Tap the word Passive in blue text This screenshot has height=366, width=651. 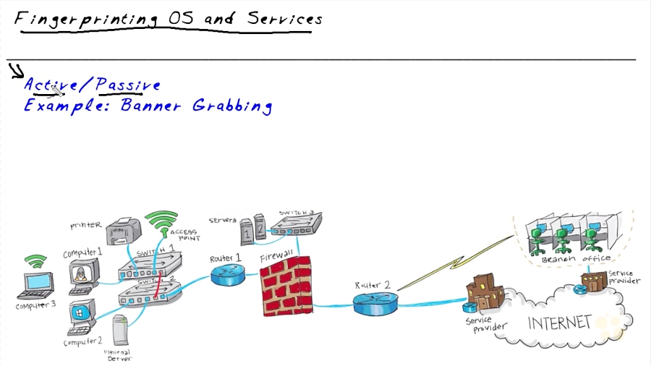[128, 85]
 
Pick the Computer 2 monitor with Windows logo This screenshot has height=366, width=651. [78, 316]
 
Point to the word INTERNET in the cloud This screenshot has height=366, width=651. [560, 323]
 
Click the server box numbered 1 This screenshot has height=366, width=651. [247, 233]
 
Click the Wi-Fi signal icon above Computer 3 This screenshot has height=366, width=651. [33, 260]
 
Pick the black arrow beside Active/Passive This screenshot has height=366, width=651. [16, 70]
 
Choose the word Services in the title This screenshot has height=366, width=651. [284, 19]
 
